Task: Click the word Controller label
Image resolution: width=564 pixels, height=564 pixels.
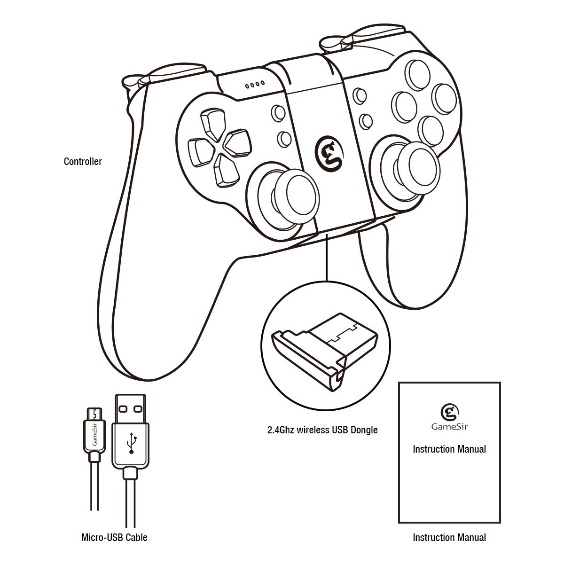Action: (x=83, y=161)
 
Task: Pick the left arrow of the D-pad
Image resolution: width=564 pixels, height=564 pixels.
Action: (x=202, y=152)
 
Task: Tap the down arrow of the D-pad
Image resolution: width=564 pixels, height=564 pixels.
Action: (x=227, y=171)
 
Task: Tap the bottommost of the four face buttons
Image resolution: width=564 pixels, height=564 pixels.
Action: (x=430, y=131)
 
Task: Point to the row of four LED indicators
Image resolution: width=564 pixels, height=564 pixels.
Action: (x=255, y=85)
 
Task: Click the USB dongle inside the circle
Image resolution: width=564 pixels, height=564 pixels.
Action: (x=325, y=352)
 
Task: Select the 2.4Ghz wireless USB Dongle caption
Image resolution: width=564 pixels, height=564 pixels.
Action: (x=322, y=430)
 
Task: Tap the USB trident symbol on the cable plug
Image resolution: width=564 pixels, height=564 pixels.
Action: (x=132, y=443)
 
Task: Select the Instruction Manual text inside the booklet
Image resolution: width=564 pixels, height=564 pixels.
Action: (x=449, y=449)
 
